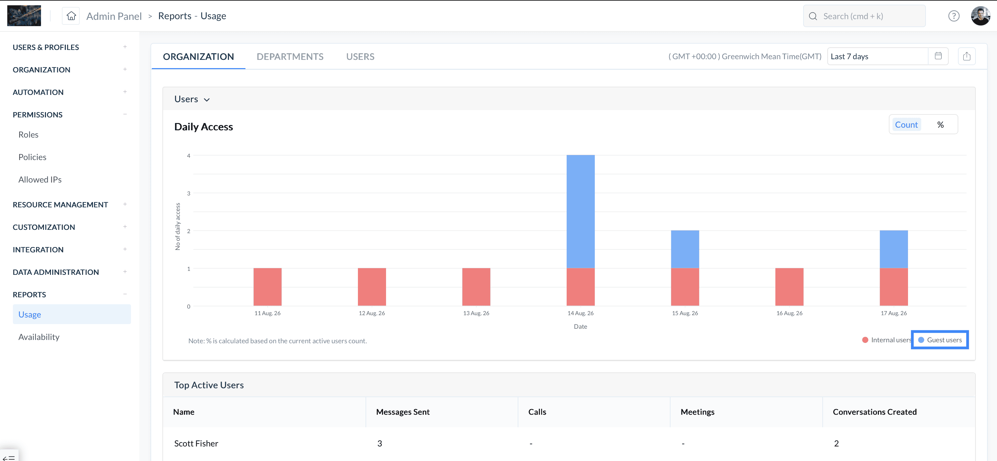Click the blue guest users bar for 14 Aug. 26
[581, 211]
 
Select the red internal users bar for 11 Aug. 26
[267, 287]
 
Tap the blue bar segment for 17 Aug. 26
[894, 249]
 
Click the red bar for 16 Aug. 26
[789, 287]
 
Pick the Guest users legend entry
[940, 340]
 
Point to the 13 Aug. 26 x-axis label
[476, 313]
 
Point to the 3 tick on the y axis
[189, 193]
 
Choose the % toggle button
[940, 125]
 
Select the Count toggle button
[906, 125]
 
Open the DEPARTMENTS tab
[290, 57]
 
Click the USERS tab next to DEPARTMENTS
[360, 57]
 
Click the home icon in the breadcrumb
[71, 16]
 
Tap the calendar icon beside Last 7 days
[938, 56]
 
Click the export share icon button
[967, 56]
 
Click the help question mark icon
[954, 16]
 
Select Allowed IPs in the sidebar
[40, 180]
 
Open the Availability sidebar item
[39, 337]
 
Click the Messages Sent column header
[403, 412]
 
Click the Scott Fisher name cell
[196, 443]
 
